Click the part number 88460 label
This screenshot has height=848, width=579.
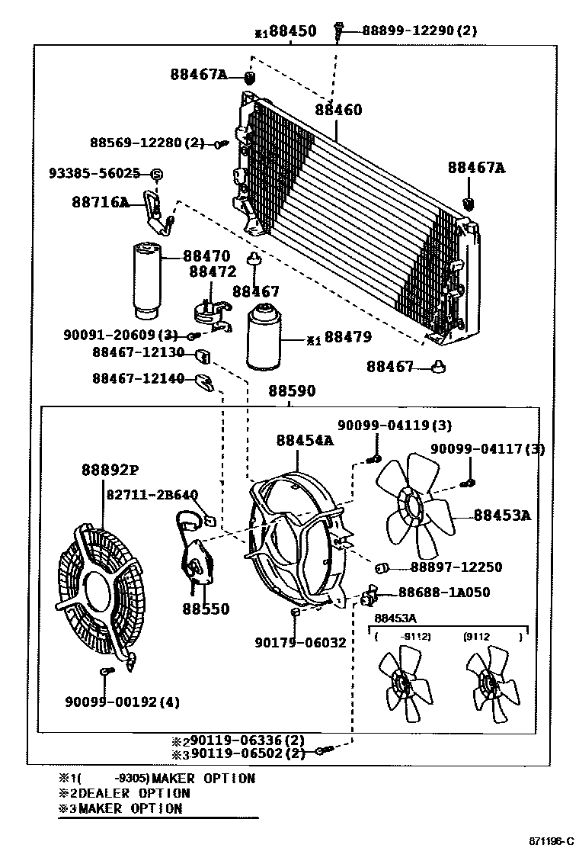pyautogui.click(x=338, y=110)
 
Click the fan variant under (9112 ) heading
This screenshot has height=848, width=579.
pyautogui.click(x=489, y=684)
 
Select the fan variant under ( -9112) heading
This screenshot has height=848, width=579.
pyautogui.click(x=401, y=684)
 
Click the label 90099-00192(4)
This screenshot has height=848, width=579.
pyautogui.click(x=122, y=702)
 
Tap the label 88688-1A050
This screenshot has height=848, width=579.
pyautogui.click(x=444, y=592)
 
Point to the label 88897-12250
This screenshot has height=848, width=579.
pyautogui.click(x=456, y=567)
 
